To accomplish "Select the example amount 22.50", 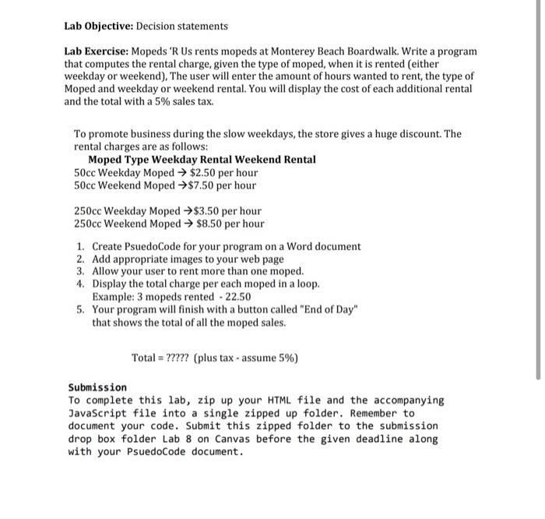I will tap(237, 297).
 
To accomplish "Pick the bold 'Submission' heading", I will tap(97, 387).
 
